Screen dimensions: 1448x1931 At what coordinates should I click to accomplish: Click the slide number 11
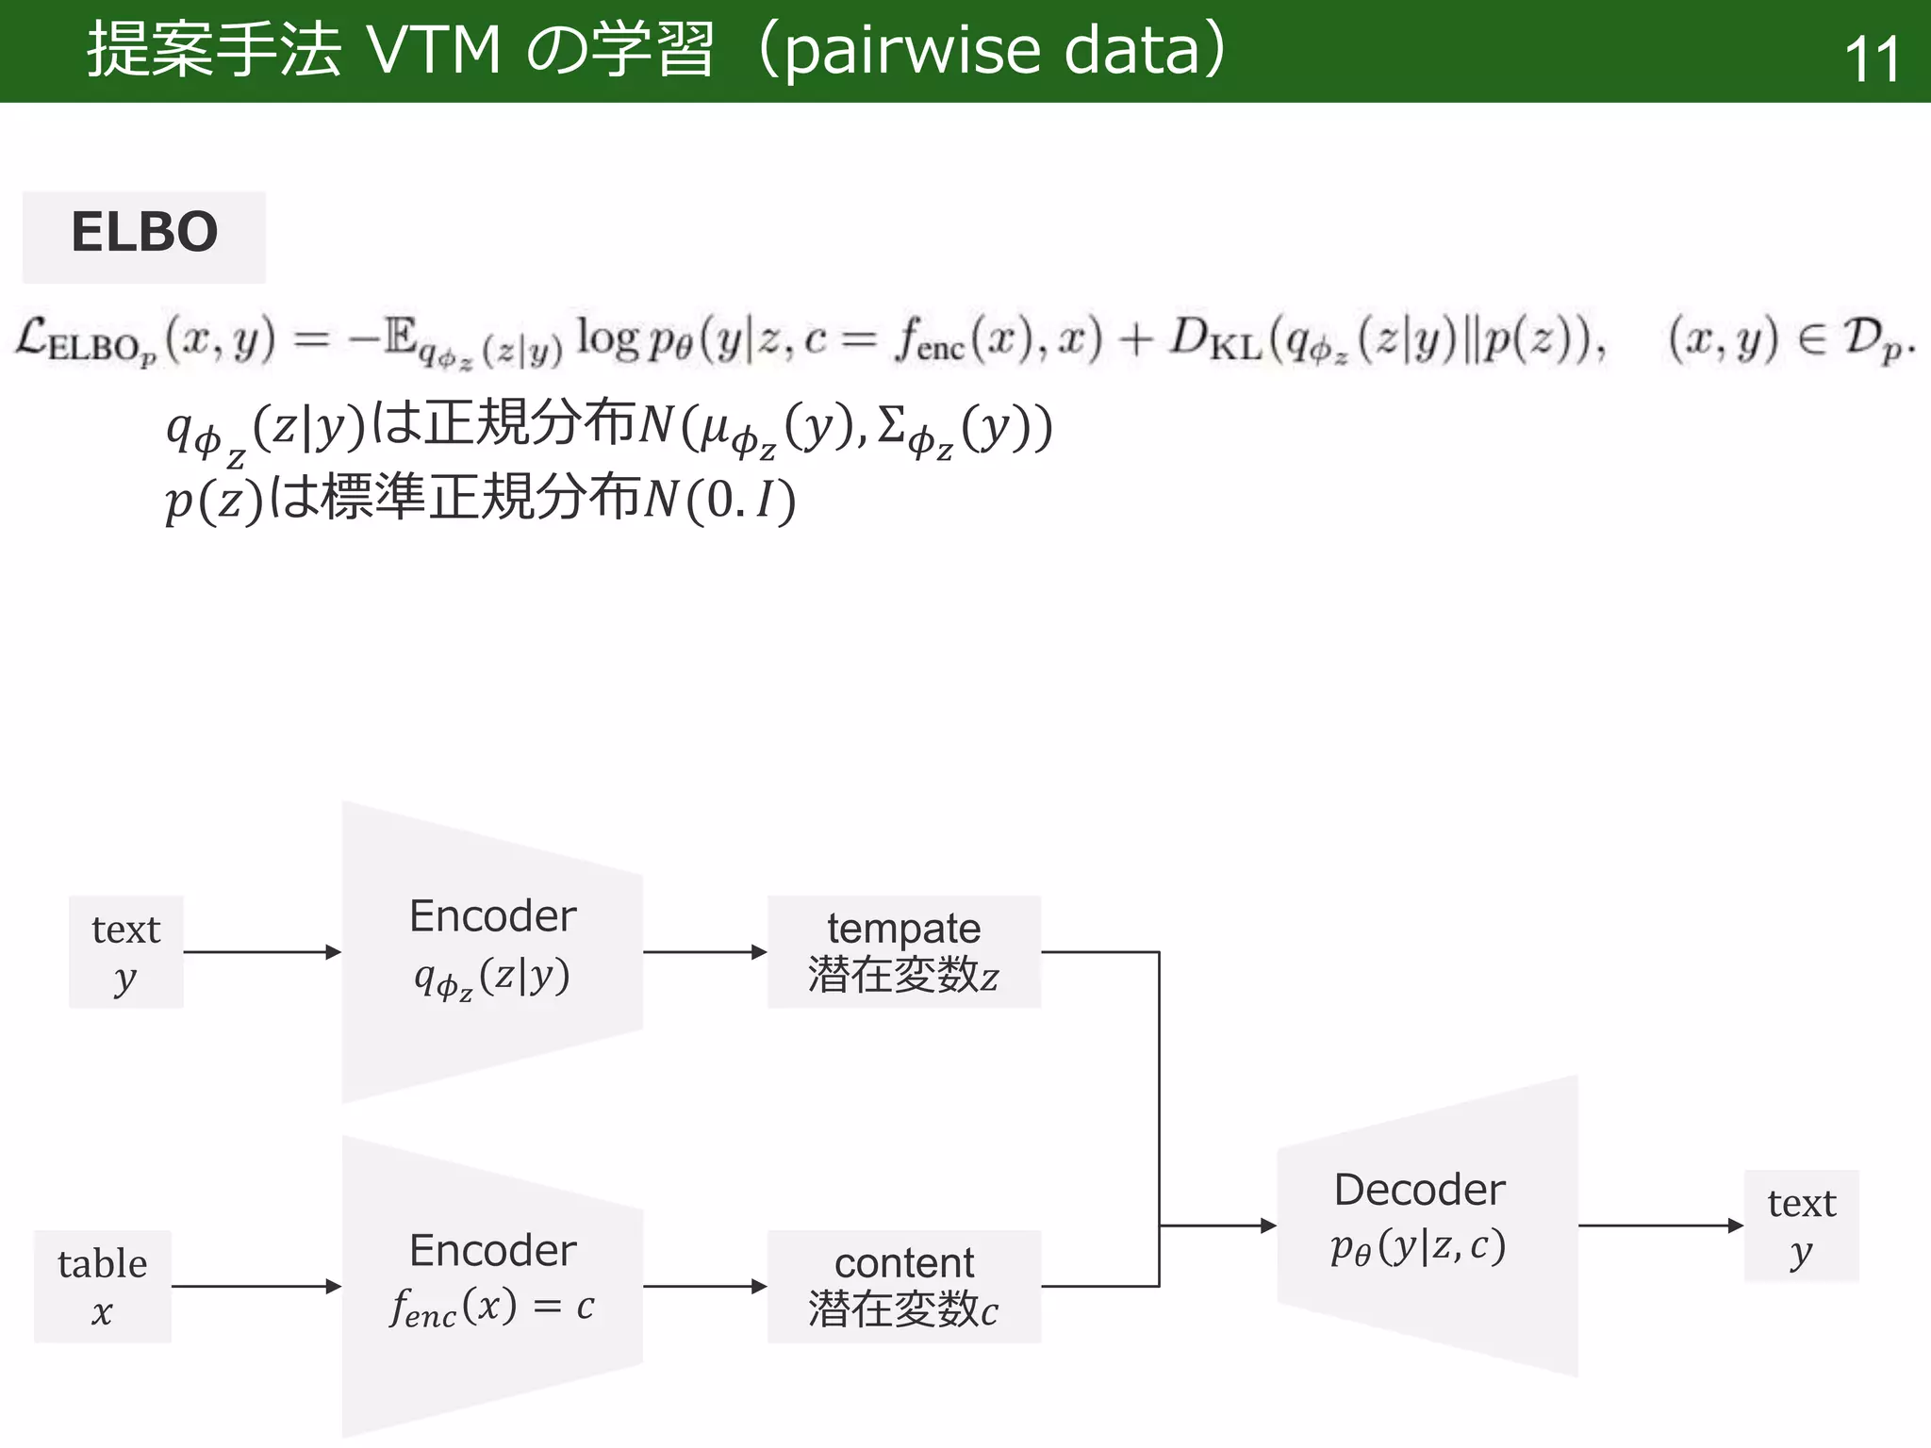pyautogui.click(x=1871, y=59)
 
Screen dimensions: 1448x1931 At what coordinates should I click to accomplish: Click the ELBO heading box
pyautogui.click(x=144, y=236)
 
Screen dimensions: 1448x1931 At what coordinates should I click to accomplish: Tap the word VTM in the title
pyautogui.click(x=434, y=51)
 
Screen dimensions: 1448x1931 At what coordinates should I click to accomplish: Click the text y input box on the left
pyautogui.click(x=125, y=952)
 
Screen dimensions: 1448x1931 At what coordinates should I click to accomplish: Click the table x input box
pyautogui.click(x=103, y=1286)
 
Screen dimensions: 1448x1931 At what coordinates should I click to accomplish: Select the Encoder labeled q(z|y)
pyautogui.click(x=492, y=952)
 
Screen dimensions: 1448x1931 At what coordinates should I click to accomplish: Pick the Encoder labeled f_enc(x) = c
pyautogui.click(x=492, y=1286)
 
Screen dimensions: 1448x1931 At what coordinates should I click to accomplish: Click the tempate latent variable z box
pyautogui.click(x=903, y=952)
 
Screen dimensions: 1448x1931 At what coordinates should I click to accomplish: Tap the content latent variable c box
pyautogui.click(x=903, y=1286)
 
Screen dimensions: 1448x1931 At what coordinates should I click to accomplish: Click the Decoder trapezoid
pyautogui.click(x=1428, y=1226)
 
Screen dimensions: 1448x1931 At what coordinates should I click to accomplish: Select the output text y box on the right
pyautogui.click(x=1801, y=1226)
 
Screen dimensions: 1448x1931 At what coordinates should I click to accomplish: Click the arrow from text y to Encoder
pyautogui.click(x=261, y=952)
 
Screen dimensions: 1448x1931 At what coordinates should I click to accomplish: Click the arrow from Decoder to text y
pyautogui.click(x=1659, y=1226)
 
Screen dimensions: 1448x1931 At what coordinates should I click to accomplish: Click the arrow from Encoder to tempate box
pyautogui.click(x=704, y=952)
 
